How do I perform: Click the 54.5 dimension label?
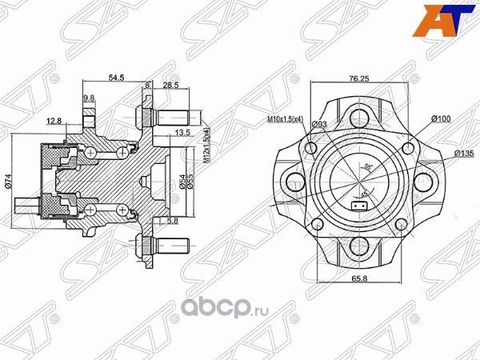pos(116,78)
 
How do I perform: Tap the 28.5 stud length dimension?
pos(170,84)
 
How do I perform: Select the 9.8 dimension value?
pos(89,98)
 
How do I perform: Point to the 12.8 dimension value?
pos(54,121)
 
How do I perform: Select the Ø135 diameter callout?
pos(464,152)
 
